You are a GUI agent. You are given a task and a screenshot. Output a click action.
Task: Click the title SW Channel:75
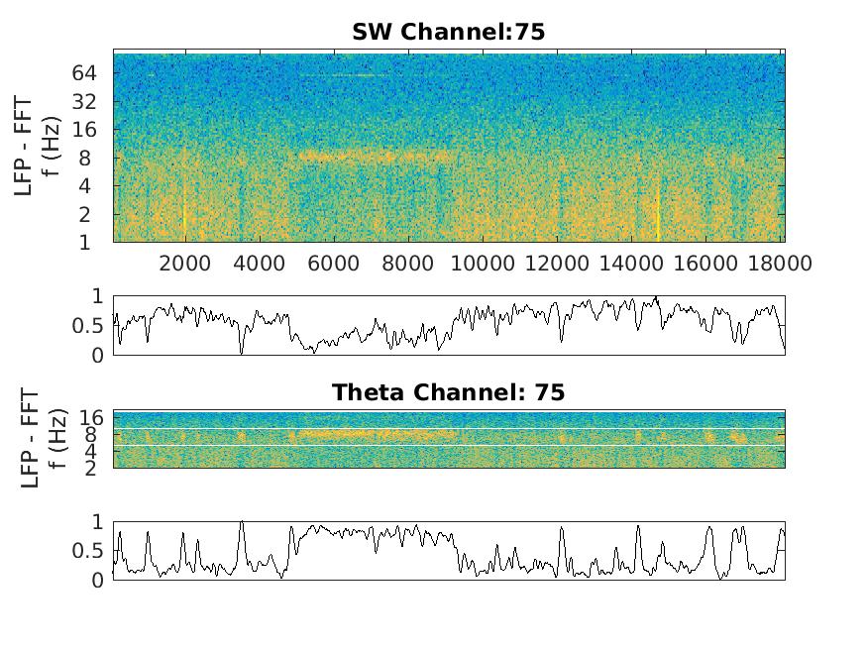(x=449, y=32)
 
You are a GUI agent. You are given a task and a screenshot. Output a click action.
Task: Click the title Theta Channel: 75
(x=449, y=391)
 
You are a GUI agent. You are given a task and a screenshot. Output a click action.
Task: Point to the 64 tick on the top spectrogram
(x=84, y=73)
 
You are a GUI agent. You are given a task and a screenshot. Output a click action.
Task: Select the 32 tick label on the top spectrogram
(x=84, y=102)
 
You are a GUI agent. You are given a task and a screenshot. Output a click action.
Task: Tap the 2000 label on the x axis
(x=184, y=264)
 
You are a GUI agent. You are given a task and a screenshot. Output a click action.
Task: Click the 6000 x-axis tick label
(x=333, y=264)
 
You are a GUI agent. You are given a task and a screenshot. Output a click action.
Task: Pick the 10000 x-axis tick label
(x=483, y=264)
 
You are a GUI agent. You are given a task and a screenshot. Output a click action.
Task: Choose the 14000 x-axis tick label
(x=631, y=264)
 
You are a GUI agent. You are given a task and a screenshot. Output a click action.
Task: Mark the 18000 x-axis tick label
(x=780, y=264)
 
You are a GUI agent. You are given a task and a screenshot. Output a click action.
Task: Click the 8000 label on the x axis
(x=407, y=264)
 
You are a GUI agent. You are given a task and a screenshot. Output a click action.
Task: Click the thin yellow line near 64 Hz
(x=343, y=75)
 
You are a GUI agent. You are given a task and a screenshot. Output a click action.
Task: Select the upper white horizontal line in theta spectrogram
(x=449, y=429)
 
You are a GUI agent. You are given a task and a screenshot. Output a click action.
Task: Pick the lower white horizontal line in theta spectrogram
(x=449, y=446)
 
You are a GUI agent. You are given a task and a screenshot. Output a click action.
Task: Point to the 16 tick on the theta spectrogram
(x=91, y=418)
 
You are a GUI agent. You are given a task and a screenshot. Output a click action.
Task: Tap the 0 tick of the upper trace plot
(x=98, y=356)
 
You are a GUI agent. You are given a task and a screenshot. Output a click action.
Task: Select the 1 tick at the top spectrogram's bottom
(x=84, y=242)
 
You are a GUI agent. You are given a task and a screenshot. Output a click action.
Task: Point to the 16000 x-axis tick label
(x=705, y=264)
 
